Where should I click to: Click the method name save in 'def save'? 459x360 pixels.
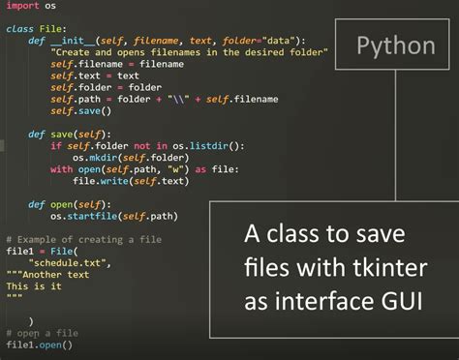click(61, 135)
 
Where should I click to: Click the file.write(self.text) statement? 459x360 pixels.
click(126, 181)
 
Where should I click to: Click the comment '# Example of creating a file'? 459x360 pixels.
click(83, 239)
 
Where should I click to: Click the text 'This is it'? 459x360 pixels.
click(34, 286)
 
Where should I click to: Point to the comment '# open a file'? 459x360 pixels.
click(42, 333)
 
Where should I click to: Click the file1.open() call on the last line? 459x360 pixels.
click(39, 345)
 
